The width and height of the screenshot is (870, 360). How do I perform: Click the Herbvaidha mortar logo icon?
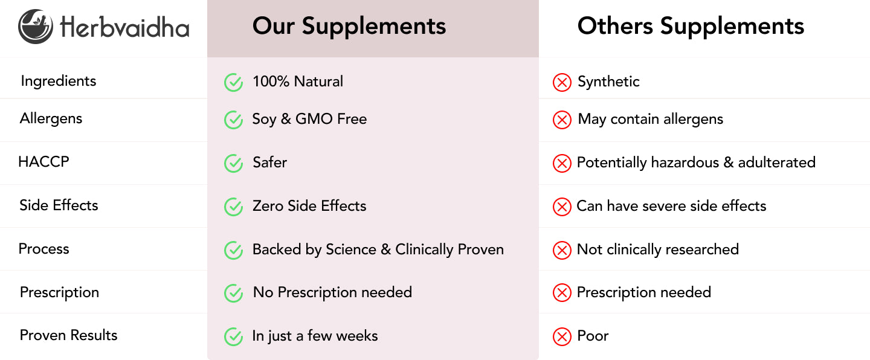coord(35,27)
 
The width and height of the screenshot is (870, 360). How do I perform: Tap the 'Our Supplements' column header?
coord(349,27)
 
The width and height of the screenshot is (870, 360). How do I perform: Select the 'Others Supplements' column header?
coord(691,27)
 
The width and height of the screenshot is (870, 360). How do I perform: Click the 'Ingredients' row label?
coord(58,81)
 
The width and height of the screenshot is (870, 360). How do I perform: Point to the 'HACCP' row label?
coord(43,161)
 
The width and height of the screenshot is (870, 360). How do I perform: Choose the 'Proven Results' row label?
coord(68,335)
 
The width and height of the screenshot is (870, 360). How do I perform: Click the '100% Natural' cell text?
coord(297,82)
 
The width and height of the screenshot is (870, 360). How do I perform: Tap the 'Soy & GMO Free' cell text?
coord(309,119)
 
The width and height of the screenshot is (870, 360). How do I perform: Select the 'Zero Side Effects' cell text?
coord(309,206)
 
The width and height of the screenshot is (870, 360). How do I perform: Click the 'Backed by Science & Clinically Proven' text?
coord(378,249)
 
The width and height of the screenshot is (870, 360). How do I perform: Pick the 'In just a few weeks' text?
coord(315,336)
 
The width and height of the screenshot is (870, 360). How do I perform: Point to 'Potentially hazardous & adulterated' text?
coord(696,162)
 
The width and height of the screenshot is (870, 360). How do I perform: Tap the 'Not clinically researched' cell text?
coord(657,249)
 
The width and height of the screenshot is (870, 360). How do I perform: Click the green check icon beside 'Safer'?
coord(233,163)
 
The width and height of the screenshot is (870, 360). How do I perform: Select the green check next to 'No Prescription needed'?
coord(233,293)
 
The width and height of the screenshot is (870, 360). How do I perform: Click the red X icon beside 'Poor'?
coord(562,336)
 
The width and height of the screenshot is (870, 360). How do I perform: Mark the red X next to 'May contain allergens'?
coord(562,120)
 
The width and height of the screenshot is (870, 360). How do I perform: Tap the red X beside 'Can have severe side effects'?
coord(562,207)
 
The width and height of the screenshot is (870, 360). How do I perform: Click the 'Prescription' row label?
coord(59,292)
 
